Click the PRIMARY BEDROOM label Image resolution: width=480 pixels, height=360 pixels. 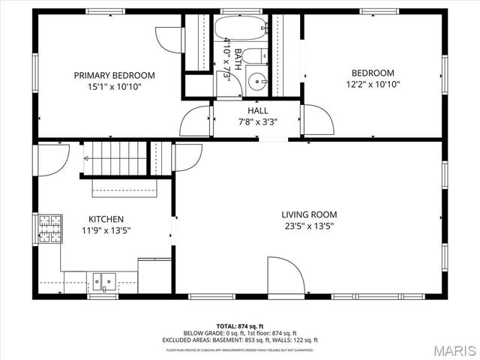pyautogui.click(x=114, y=75)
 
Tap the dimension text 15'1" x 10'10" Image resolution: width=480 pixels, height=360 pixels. pyautogui.click(x=114, y=86)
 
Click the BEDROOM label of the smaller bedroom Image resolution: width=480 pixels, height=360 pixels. pyautogui.click(x=373, y=73)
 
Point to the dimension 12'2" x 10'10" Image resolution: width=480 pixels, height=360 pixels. pyautogui.click(x=373, y=85)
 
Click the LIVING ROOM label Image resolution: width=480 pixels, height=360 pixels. pyautogui.click(x=309, y=214)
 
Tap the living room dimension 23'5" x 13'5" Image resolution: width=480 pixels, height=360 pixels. pyautogui.click(x=309, y=226)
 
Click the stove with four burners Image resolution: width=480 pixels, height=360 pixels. pyautogui.click(x=50, y=229)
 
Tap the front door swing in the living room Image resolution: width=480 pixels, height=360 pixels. pyautogui.click(x=286, y=276)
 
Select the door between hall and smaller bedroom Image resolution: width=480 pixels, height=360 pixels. pyautogui.click(x=314, y=120)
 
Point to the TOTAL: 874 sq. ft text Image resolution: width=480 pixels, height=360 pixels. pyautogui.click(x=240, y=326)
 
